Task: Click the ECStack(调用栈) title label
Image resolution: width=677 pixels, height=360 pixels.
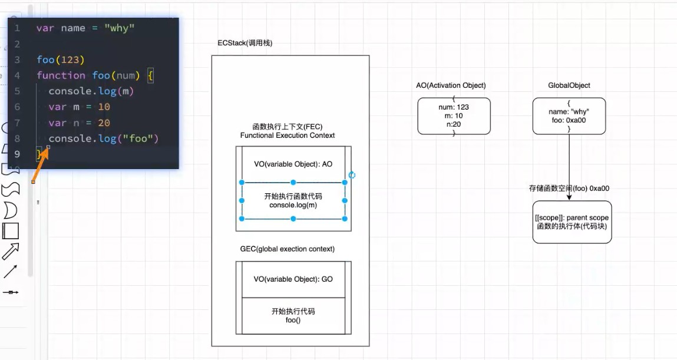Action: (245, 43)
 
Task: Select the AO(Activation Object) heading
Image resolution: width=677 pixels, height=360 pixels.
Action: (451, 85)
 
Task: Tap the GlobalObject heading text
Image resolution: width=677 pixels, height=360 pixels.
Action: (569, 85)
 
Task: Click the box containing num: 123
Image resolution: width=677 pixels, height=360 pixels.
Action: (454, 116)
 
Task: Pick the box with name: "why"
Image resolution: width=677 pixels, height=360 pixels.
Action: (569, 116)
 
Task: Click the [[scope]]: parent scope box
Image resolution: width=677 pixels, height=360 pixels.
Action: (572, 222)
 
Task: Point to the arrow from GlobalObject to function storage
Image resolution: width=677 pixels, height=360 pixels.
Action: (569, 167)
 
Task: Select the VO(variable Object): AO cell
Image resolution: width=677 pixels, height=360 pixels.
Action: (293, 164)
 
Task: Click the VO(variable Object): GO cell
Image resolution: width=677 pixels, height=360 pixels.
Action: (293, 279)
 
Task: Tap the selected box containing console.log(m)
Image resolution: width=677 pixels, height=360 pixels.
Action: (293, 201)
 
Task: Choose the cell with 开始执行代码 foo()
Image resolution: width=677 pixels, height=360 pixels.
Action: (293, 316)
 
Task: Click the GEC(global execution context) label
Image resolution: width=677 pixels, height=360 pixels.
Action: (288, 249)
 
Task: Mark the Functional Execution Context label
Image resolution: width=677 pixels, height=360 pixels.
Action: (288, 135)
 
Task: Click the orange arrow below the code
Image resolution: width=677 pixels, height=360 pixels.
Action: (40, 165)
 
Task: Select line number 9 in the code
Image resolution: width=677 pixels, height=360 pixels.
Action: (17, 154)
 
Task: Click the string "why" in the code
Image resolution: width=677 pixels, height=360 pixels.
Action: (119, 28)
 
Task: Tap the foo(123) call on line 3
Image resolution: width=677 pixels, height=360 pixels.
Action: (61, 60)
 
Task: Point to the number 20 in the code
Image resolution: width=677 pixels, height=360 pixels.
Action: (104, 123)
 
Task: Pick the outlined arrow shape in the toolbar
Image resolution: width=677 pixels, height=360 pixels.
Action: (11, 251)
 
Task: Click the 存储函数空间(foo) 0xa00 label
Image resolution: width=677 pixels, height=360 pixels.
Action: (569, 188)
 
